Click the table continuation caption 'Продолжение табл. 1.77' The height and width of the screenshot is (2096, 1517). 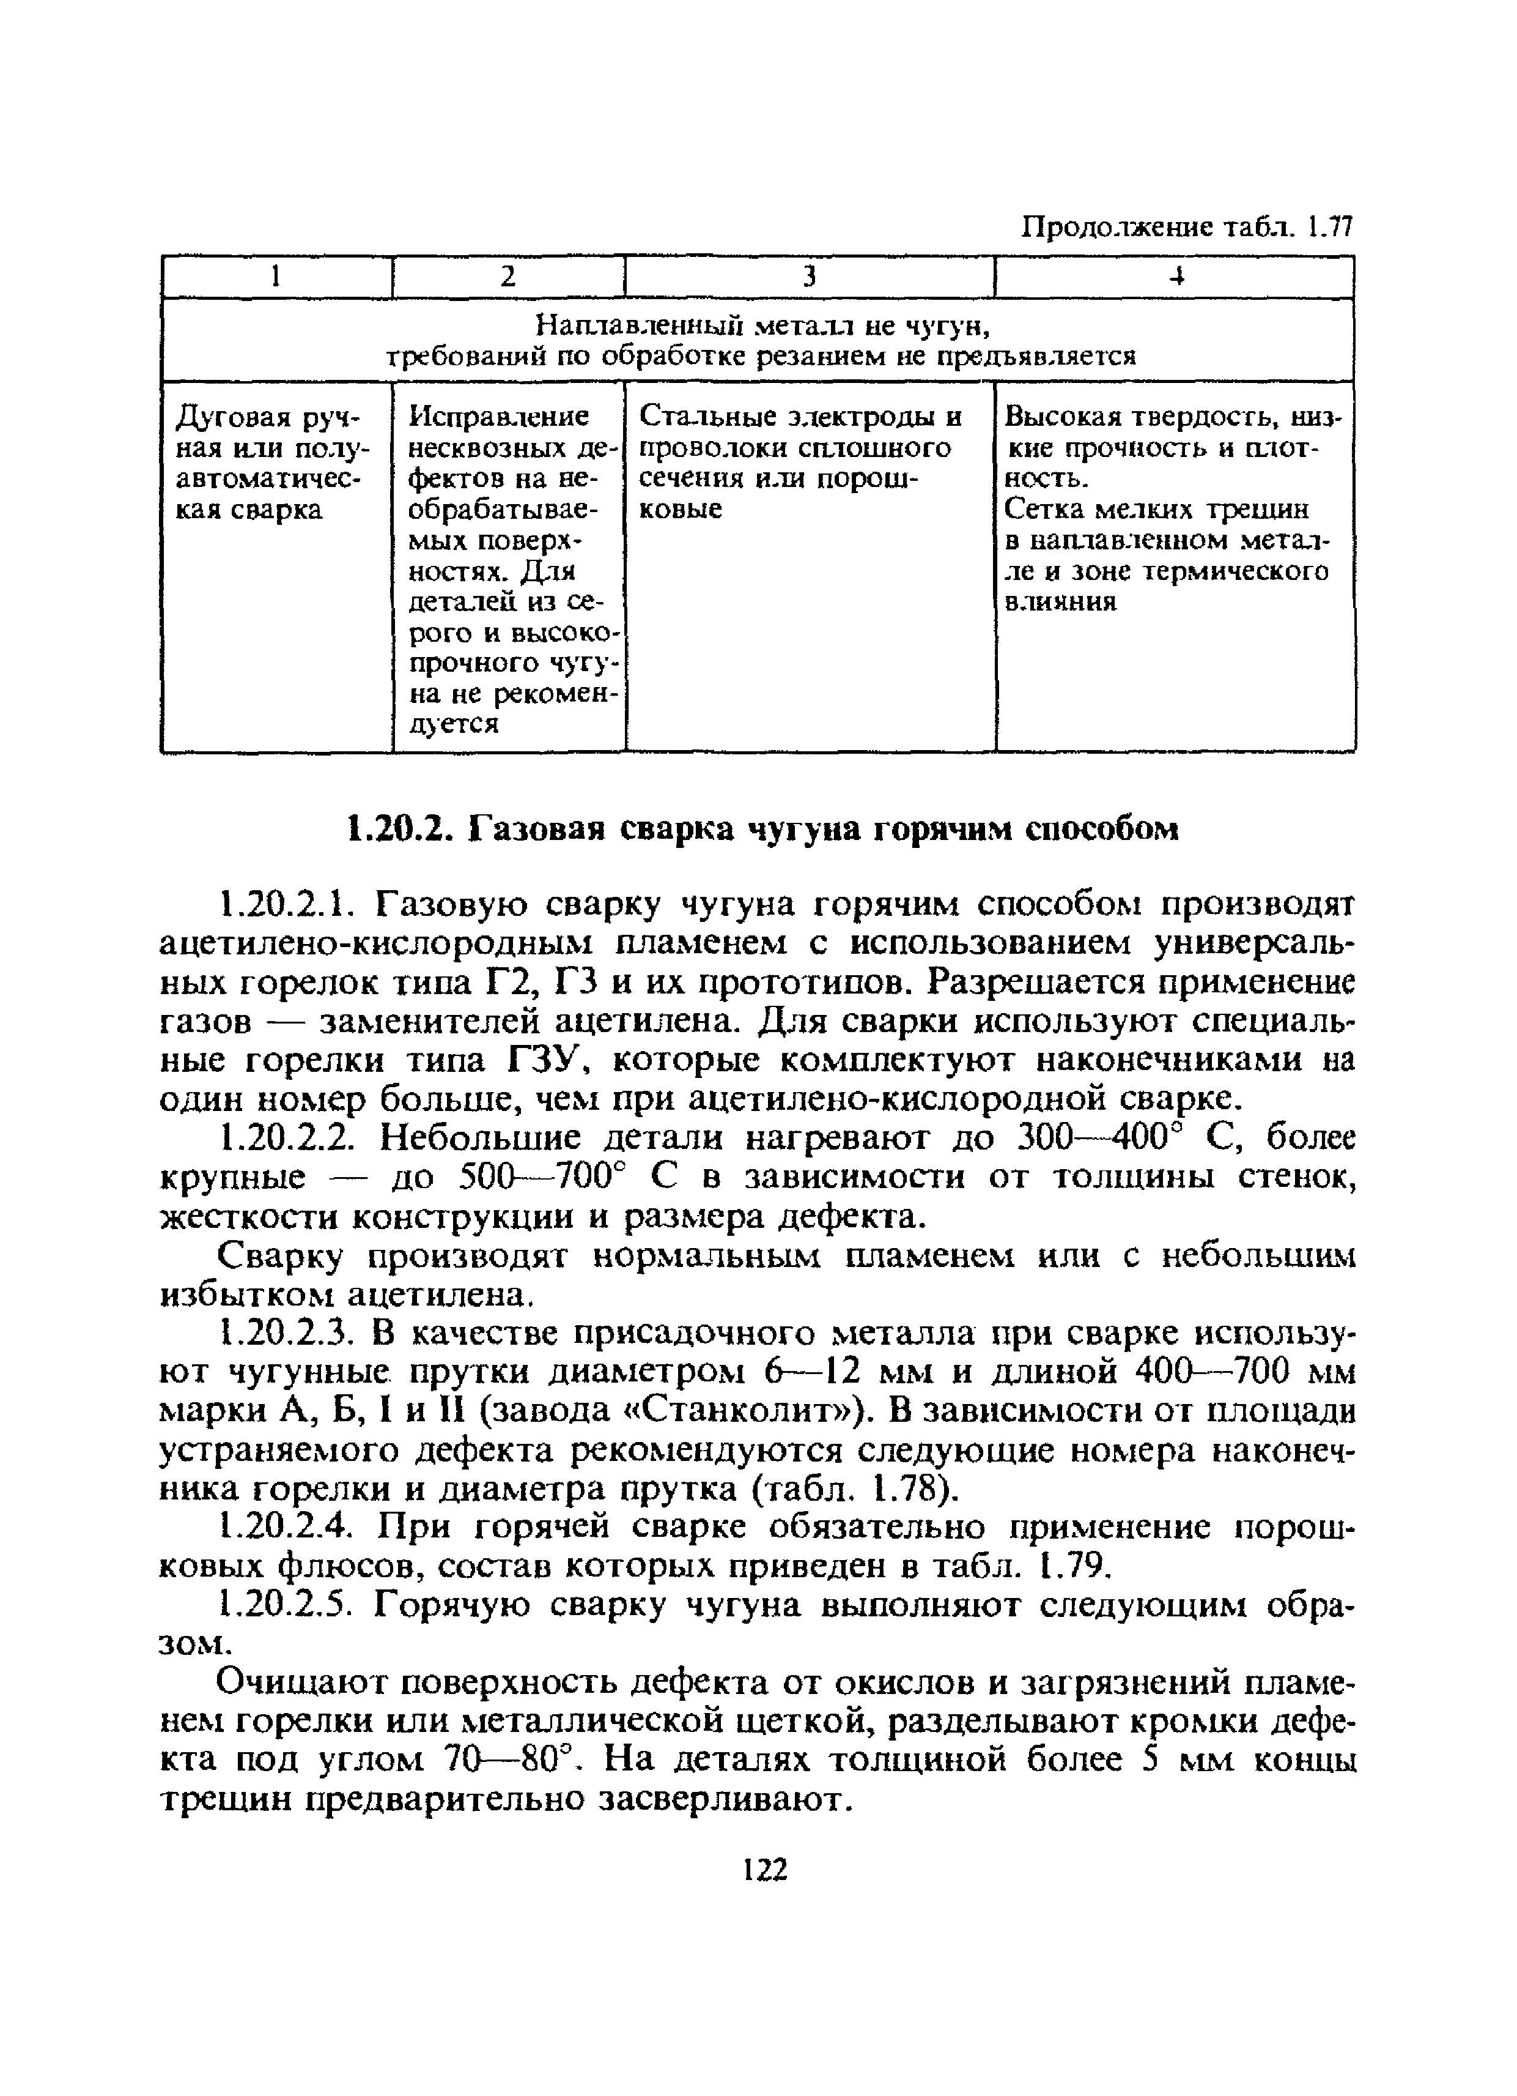tap(1186, 226)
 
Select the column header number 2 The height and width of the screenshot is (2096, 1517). tap(508, 277)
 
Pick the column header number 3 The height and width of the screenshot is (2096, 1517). tap(810, 277)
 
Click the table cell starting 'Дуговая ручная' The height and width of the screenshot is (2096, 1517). tap(271, 462)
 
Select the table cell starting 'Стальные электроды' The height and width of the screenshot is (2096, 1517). tap(800, 462)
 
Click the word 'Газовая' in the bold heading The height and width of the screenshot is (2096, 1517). tap(536, 829)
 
